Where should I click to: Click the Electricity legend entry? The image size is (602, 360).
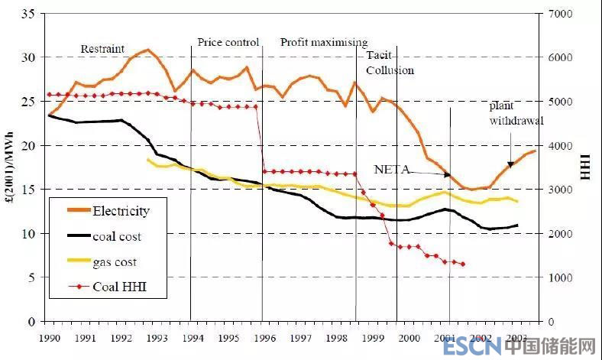pos(121,210)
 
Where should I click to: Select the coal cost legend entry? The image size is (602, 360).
pos(116,236)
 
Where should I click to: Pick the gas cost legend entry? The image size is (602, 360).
pos(114,262)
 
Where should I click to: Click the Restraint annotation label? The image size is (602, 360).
pos(102,49)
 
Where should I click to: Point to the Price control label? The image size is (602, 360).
pos(228,42)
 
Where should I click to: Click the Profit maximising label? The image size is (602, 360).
pos(323,42)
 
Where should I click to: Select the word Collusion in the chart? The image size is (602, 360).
pos(390,70)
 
